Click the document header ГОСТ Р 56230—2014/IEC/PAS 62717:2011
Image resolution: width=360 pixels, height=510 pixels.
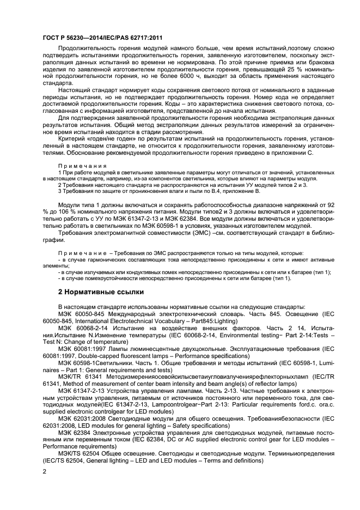(x=103, y=38)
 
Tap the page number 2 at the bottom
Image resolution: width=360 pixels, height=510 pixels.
(x=45, y=472)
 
